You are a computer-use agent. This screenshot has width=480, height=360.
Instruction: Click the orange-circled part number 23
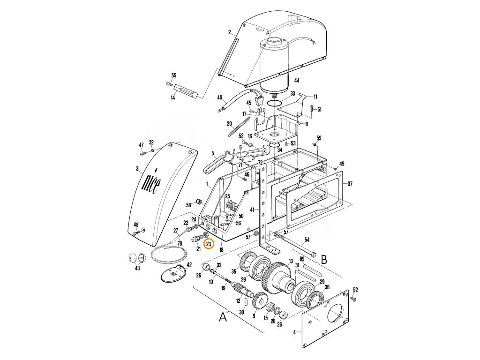click(x=209, y=244)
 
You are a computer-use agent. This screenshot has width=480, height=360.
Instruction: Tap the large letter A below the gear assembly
click(x=223, y=317)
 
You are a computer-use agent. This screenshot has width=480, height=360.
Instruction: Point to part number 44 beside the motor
click(x=296, y=80)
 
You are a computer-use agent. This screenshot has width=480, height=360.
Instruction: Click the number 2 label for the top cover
click(x=230, y=32)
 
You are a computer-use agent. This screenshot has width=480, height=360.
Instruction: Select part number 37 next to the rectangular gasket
click(x=350, y=184)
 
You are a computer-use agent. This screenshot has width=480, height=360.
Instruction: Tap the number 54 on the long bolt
click(x=307, y=240)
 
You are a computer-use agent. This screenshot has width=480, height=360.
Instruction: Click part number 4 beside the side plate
click(x=294, y=332)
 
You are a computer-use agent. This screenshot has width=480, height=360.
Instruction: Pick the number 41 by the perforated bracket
click(x=252, y=209)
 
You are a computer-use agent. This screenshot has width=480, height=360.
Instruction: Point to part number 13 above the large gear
click(x=291, y=261)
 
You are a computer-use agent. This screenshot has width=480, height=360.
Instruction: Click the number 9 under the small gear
click(x=254, y=316)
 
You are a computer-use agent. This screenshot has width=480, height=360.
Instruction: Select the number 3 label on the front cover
click(x=137, y=168)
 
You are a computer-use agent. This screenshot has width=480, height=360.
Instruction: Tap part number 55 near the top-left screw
click(x=174, y=75)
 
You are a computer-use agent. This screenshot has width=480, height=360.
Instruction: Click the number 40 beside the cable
click(x=219, y=98)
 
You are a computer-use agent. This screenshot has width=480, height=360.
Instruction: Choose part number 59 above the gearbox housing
click(x=319, y=138)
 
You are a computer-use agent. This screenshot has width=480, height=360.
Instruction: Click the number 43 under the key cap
click(x=137, y=268)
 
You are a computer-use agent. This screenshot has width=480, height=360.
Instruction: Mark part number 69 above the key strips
click(x=315, y=259)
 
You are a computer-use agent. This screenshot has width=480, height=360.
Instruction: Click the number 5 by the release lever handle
click(x=212, y=153)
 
